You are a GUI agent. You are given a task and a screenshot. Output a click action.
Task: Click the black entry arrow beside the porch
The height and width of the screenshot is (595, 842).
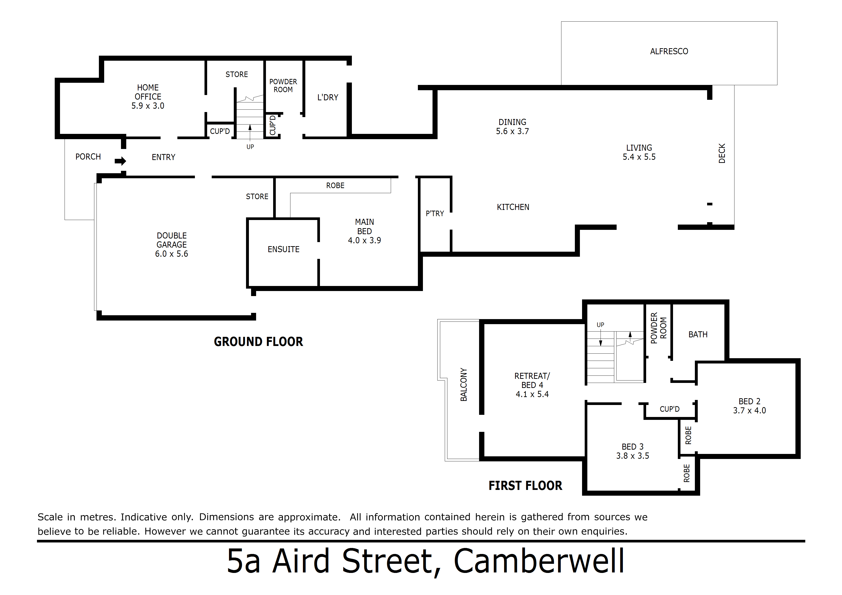click(120, 161)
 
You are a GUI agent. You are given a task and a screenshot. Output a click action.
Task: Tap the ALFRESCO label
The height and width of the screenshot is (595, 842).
click(669, 51)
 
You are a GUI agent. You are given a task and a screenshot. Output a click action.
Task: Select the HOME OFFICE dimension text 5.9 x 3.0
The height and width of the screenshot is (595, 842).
click(148, 106)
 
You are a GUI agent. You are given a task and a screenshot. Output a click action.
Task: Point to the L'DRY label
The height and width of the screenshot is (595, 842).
click(327, 97)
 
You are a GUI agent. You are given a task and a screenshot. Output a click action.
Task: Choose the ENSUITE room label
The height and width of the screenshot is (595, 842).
click(283, 249)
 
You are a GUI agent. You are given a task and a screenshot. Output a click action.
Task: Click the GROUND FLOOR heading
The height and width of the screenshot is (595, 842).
click(259, 342)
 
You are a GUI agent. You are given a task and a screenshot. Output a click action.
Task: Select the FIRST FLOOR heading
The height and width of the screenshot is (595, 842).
click(525, 486)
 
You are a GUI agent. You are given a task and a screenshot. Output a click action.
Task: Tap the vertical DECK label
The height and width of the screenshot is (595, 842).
click(722, 153)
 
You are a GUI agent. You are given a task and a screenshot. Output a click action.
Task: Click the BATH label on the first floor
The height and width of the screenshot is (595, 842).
click(698, 334)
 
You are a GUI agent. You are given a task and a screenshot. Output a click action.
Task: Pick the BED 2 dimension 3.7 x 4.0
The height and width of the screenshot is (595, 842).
click(749, 411)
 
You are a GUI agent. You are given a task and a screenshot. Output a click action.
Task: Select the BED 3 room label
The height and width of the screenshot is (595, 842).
click(633, 446)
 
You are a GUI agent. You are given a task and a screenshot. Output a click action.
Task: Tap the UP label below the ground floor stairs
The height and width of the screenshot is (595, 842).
click(250, 147)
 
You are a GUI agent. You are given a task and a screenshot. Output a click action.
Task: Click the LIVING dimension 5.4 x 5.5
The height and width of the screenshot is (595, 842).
click(639, 157)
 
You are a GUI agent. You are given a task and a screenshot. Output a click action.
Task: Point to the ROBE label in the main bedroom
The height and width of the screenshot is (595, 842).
click(335, 185)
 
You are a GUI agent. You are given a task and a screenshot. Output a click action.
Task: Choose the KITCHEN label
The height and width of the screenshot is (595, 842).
click(513, 207)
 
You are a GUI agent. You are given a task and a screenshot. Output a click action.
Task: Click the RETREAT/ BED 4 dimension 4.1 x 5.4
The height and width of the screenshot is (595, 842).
click(532, 394)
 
